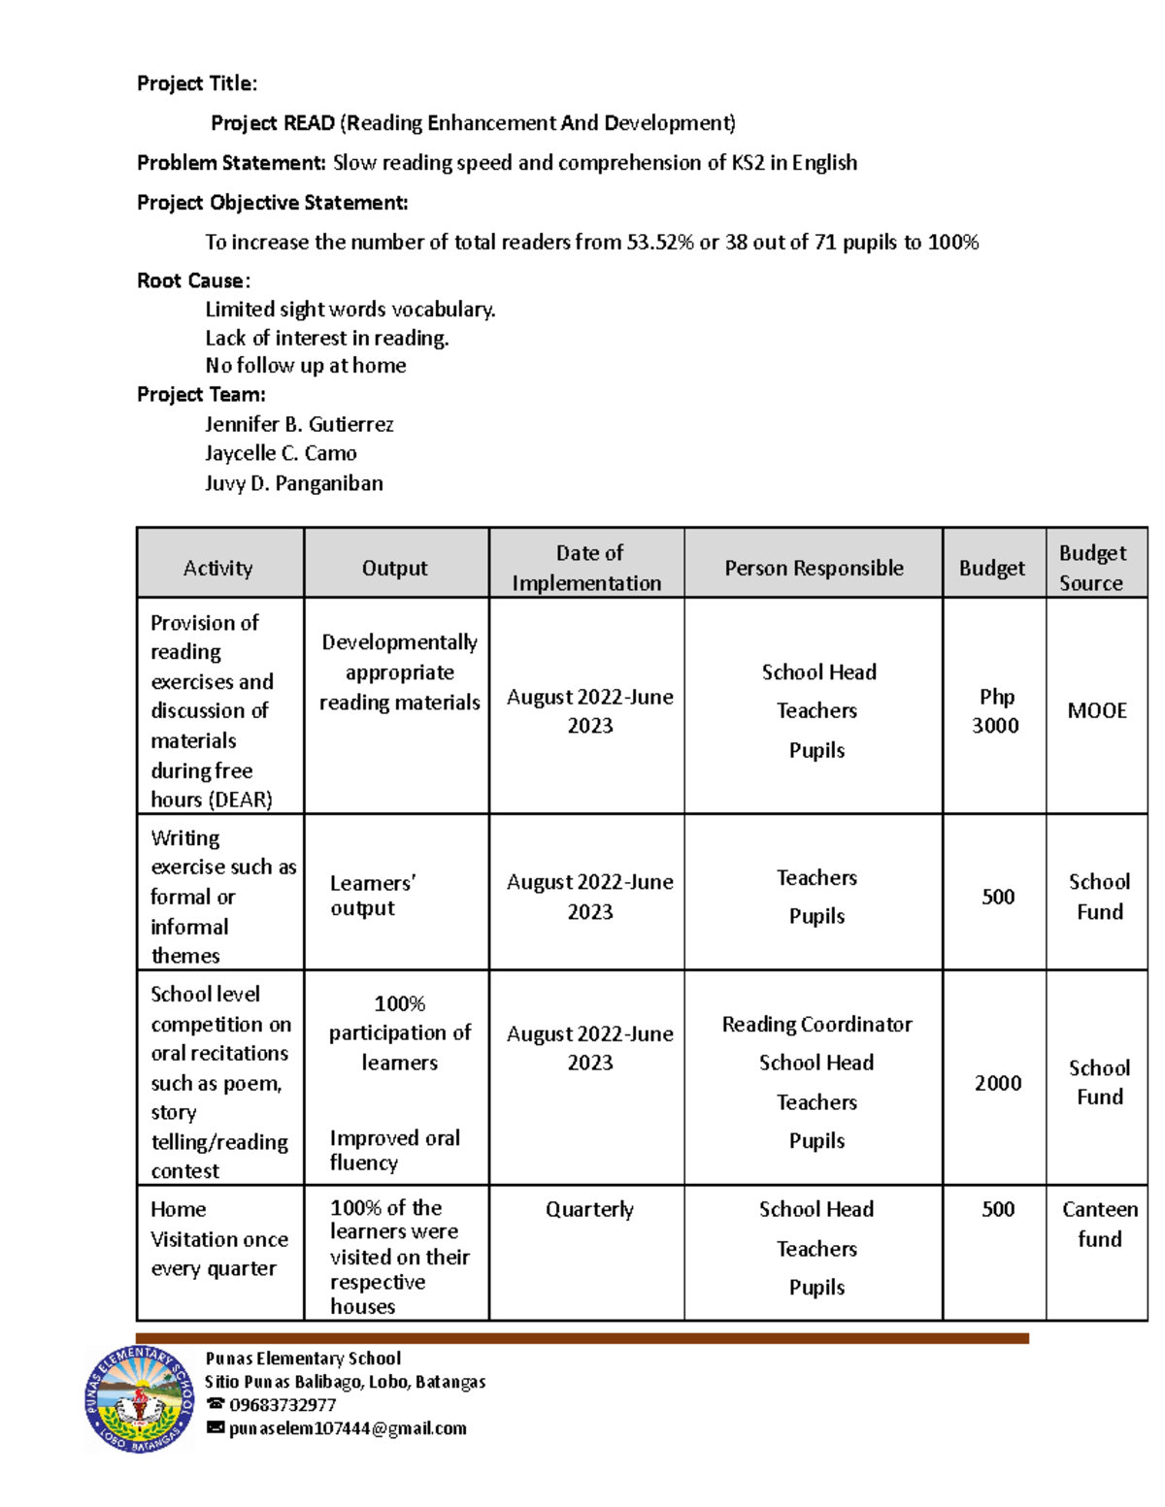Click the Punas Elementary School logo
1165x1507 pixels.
[x=139, y=1398]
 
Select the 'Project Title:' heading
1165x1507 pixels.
[x=197, y=83]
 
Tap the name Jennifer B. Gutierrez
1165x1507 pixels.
[x=299, y=424]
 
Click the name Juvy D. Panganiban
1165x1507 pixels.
[x=293, y=483]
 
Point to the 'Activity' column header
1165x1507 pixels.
[x=218, y=568]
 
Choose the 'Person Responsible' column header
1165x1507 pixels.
[x=814, y=568]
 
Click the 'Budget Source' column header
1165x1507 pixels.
[x=1092, y=568]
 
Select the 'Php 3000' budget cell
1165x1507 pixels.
[x=996, y=711]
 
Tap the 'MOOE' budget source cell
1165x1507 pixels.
[x=1097, y=710]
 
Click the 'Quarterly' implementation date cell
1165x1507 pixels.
[x=589, y=1209]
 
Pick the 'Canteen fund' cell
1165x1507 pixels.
[x=1099, y=1224]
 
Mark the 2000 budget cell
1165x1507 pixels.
[x=998, y=1083]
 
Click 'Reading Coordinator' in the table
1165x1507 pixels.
[x=816, y=1024]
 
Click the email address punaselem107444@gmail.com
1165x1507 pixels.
[x=348, y=1428]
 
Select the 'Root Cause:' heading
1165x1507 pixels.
[x=193, y=280]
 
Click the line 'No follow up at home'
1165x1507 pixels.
[x=306, y=366]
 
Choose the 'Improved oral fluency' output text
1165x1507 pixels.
[x=394, y=1150]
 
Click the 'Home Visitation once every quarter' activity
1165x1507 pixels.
[x=218, y=1239]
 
